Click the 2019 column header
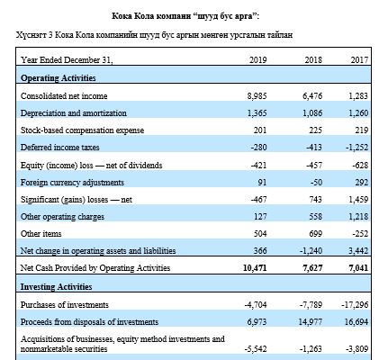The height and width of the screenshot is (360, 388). [x=257, y=60]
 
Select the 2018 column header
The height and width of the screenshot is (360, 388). [x=313, y=60]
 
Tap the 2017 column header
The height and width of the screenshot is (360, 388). [x=359, y=60]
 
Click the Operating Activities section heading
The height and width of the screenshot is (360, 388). [x=59, y=78]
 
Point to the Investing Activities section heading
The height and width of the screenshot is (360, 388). [x=56, y=287]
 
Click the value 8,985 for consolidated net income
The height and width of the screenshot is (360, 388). [x=257, y=96]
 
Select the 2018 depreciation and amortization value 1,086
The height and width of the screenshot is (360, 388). [x=312, y=113]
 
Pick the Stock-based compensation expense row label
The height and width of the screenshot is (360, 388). [x=82, y=130]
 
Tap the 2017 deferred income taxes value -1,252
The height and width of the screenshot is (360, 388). [x=356, y=148]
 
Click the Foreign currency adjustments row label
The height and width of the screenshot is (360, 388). [x=72, y=183]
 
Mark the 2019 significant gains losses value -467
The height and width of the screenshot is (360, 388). [x=258, y=200]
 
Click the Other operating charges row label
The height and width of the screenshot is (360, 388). [x=62, y=217]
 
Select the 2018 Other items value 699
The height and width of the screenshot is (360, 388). [x=316, y=234]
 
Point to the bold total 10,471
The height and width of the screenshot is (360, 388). [x=255, y=268]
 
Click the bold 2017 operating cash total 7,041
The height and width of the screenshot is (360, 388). [x=358, y=268]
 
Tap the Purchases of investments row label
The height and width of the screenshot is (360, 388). [x=65, y=305]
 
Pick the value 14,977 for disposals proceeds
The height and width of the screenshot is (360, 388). [x=311, y=322]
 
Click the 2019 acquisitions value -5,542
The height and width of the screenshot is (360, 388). [x=256, y=349]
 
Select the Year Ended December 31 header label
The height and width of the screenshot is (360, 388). [x=67, y=60]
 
